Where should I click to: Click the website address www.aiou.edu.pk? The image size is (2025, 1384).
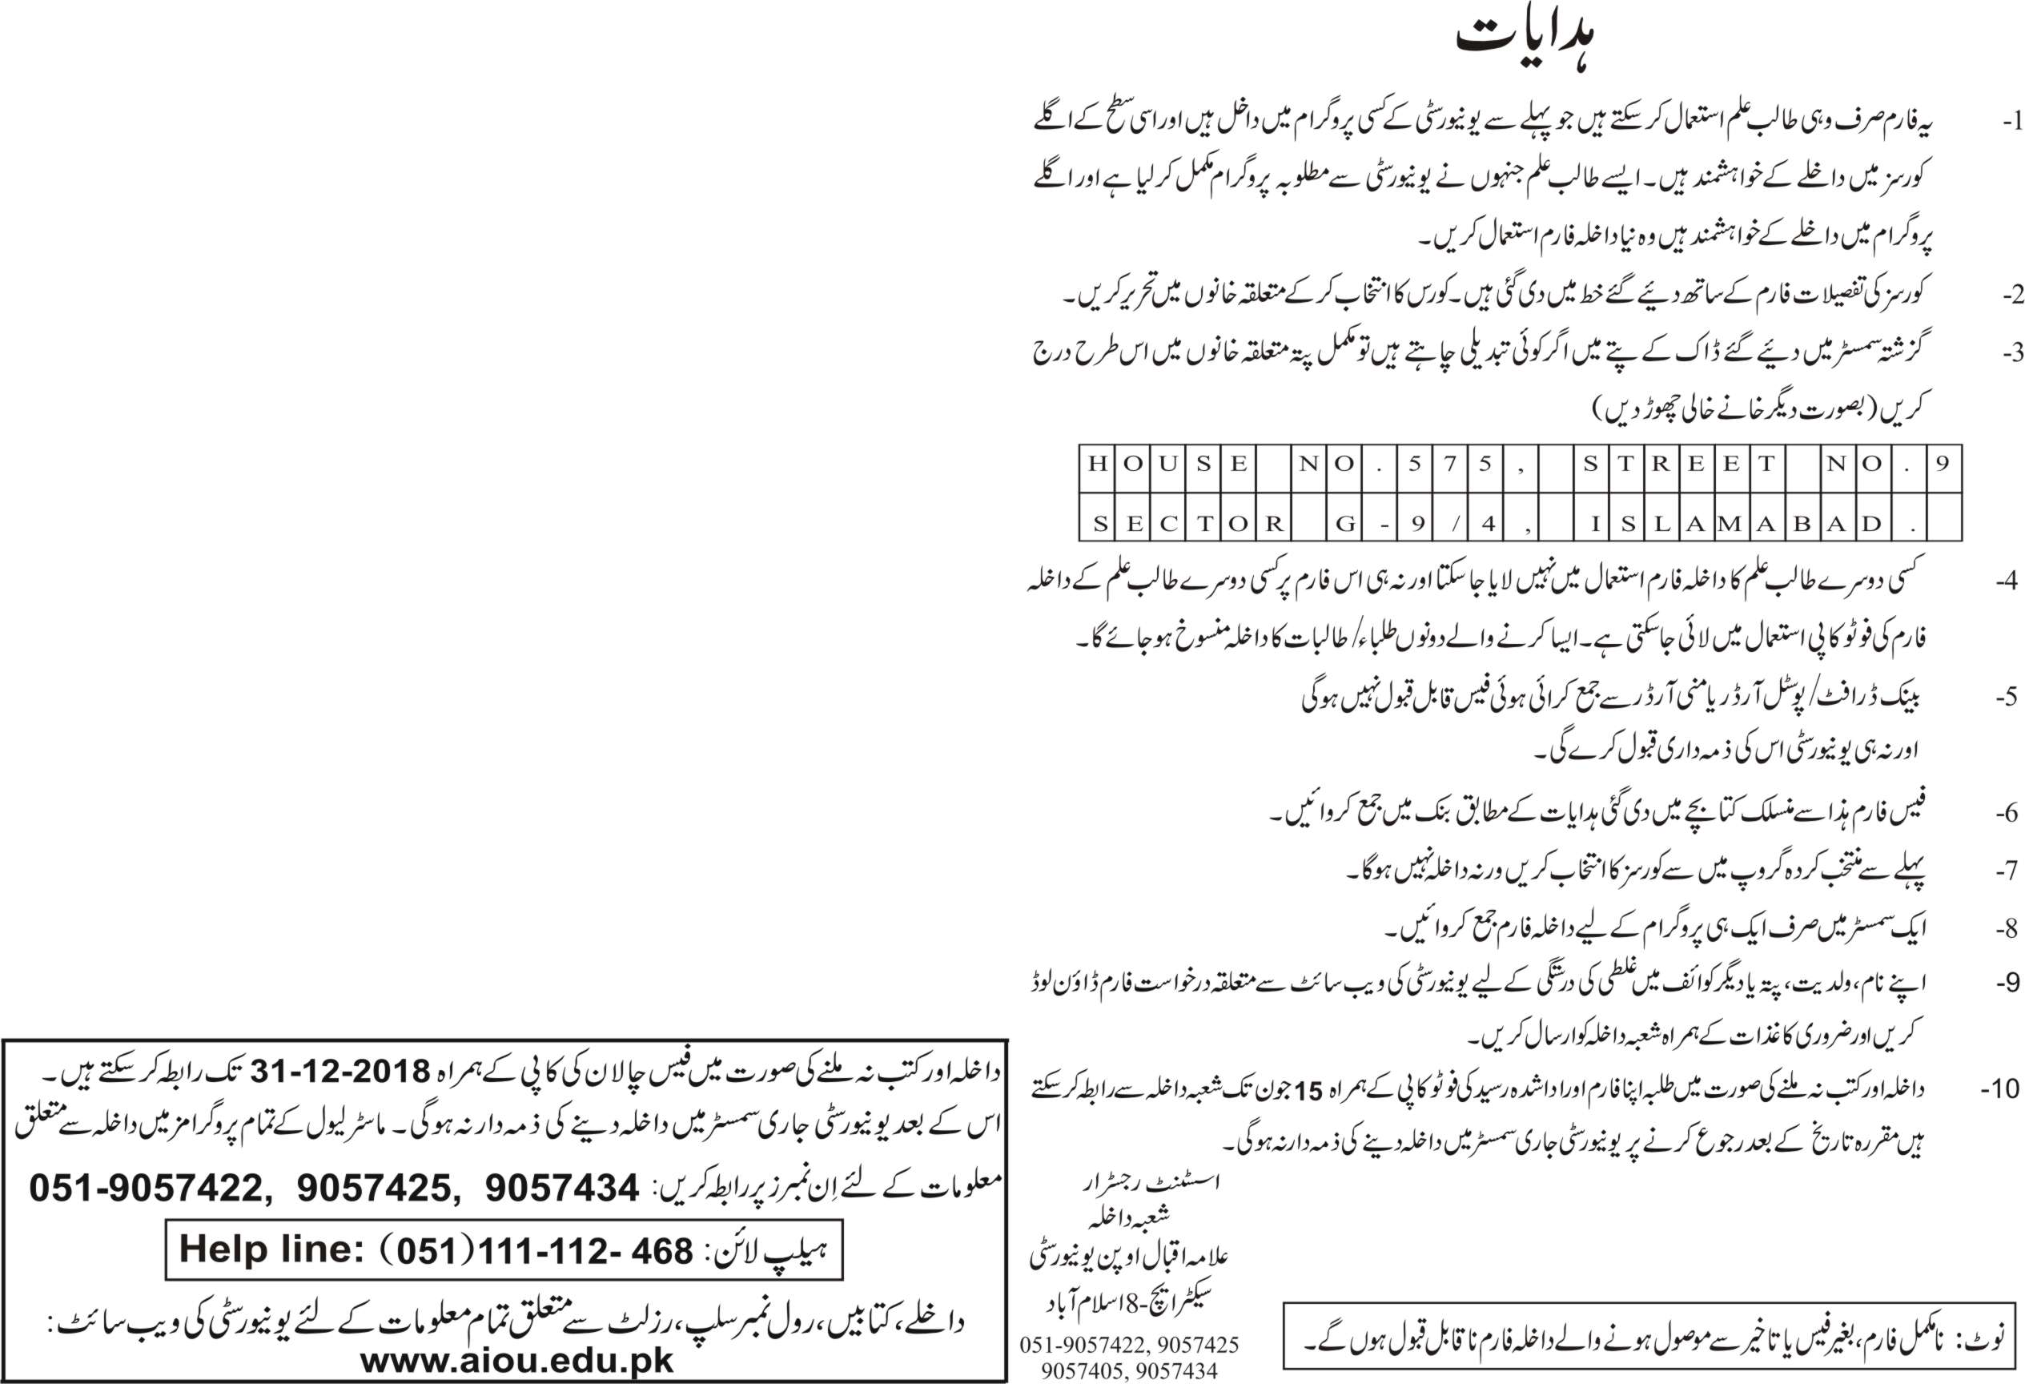[x=516, y=1362]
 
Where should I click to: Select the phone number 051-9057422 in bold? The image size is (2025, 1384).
[x=146, y=1188]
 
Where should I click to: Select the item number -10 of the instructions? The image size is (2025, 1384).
[x=2001, y=1088]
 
